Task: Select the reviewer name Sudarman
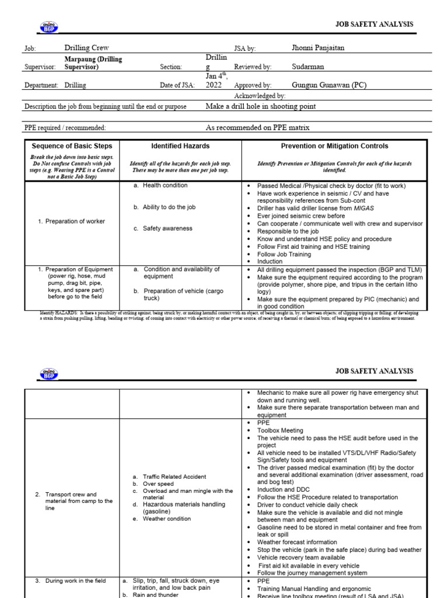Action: [x=307, y=67]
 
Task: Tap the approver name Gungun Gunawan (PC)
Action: [x=329, y=85]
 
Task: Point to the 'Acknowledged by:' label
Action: [x=260, y=96]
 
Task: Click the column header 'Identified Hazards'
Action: [x=180, y=146]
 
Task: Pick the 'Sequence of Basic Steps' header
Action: [x=72, y=146]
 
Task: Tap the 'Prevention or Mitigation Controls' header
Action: [x=334, y=146]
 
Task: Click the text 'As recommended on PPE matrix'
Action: [x=257, y=127]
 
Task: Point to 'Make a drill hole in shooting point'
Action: [x=261, y=107]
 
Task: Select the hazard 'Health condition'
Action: [x=165, y=185]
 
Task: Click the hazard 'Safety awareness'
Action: [x=167, y=228]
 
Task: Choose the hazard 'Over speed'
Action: [x=158, y=484]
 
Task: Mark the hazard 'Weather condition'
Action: [x=166, y=519]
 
